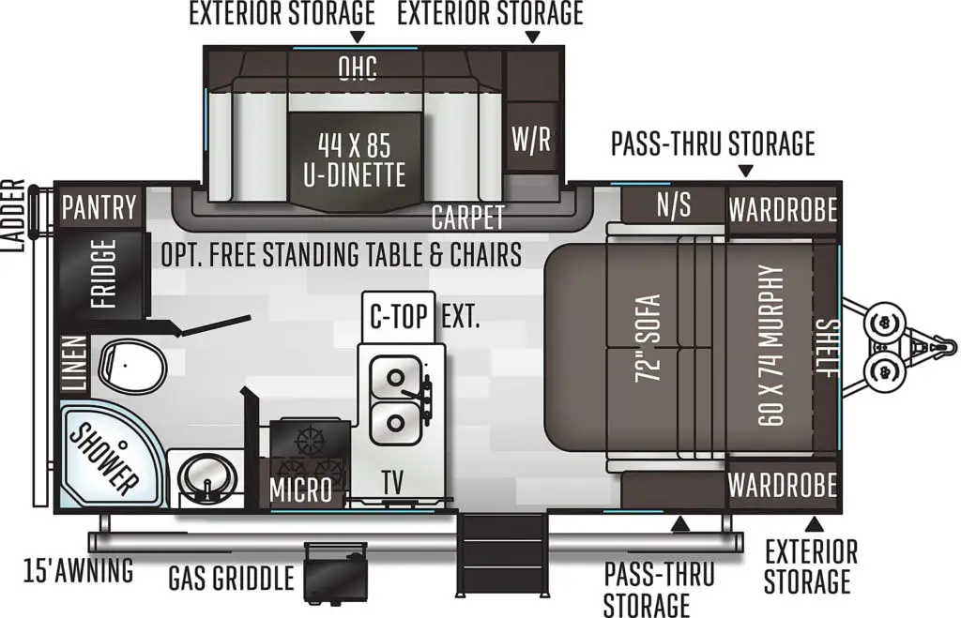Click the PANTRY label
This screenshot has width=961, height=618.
pyautogui.click(x=99, y=207)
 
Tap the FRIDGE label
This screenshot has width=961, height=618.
pyautogui.click(x=103, y=273)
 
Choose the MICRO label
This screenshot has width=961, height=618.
pyautogui.click(x=300, y=490)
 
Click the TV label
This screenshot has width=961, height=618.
pyautogui.click(x=392, y=482)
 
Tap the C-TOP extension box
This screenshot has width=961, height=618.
pyautogui.click(x=398, y=317)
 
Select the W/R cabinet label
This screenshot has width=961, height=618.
pyautogui.click(x=531, y=139)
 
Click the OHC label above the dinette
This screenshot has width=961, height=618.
pyautogui.click(x=358, y=68)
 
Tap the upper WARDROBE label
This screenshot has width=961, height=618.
pyautogui.click(x=783, y=210)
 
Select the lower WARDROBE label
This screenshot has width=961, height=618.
pyautogui.click(x=783, y=486)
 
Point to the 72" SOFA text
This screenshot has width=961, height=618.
pyautogui.click(x=649, y=339)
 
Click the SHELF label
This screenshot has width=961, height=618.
pyautogui.click(x=828, y=348)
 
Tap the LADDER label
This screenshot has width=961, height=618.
pyautogui.click(x=13, y=217)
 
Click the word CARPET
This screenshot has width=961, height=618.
pyautogui.click(x=467, y=218)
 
